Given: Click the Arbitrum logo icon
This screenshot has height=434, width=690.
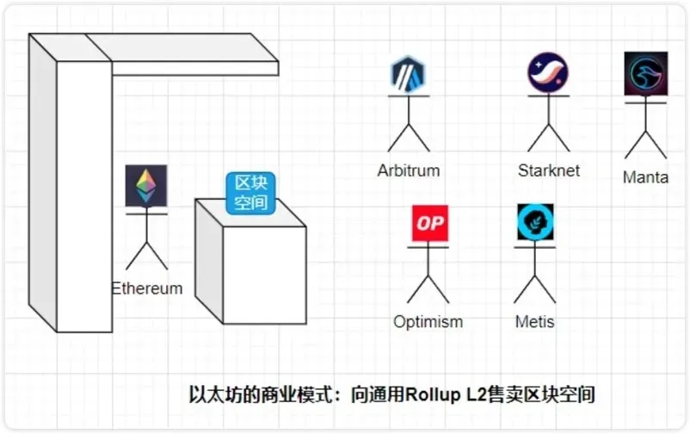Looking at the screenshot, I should coord(409,76).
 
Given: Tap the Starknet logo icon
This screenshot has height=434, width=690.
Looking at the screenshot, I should coord(548,74).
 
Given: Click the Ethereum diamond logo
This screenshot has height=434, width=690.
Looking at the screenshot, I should coord(146,184).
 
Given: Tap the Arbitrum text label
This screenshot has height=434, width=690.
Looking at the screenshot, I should coord(409,170).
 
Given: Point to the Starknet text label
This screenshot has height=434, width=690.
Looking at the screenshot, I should coord(549,170).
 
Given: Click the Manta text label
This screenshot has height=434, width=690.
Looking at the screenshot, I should coord(645,178).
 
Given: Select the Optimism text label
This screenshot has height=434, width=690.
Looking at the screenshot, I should coord(428,322).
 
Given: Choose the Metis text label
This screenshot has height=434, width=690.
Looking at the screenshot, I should coord(534,322).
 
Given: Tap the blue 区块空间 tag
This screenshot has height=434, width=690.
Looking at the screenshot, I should coord(248,194).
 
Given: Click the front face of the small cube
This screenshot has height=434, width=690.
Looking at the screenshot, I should coord(267,276).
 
